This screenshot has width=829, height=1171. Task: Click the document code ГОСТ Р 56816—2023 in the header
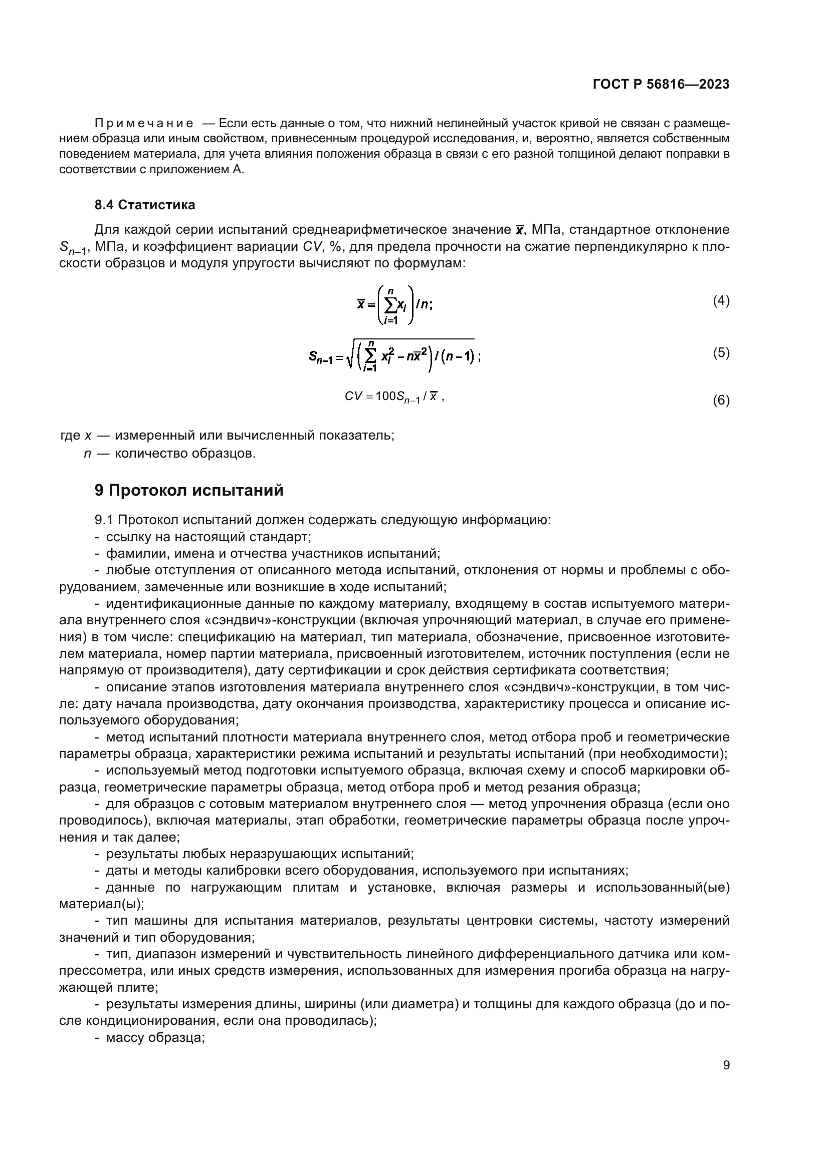pyautogui.click(x=661, y=85)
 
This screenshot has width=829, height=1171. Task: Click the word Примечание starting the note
pyautogui.click(x=144, y=124)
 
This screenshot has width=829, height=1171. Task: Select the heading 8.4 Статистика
pyautogui.click(x=144, y=205)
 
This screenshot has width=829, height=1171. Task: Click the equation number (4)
pyautogui.click(x=721, y=301)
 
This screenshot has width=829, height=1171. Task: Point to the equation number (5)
pyautogui.click(x=721, y=352)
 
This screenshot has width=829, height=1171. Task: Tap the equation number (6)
pyautogui.click(x=721, y=401)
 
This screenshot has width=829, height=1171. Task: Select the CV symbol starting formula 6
pyautogui.click(x=354, y=397)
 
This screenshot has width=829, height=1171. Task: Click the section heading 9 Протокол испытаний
pyautogui.click(x=189, y=491)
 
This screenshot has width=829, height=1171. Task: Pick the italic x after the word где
pyautogui.click(x=88, y=436)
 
